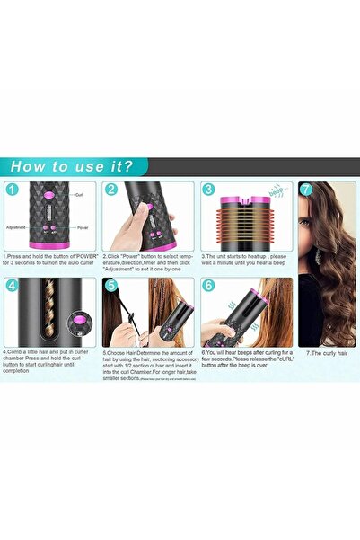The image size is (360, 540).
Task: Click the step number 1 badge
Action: point(13,190)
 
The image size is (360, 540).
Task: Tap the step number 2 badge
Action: point(111,190)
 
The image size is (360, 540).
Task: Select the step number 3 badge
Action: point(207,190)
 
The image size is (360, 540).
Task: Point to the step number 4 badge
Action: point(13,287)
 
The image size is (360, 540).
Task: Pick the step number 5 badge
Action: point(111,287)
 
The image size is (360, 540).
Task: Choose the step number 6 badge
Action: point(207,287)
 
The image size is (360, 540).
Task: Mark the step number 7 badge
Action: point(306,190)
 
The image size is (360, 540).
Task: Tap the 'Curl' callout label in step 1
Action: point(79,194)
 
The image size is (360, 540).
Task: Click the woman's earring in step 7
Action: point(316,254)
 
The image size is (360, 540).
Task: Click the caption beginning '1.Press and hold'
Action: point(49,260)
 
